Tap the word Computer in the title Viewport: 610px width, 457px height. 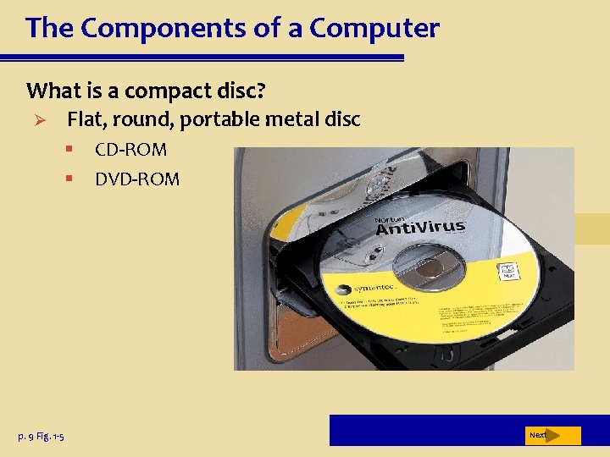pyautogui.click(x=374, y=29)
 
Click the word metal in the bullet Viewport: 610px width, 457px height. pyautogui.click(x=293, y=120)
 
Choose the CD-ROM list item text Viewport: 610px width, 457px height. pyautogui.click(x=130, y=151)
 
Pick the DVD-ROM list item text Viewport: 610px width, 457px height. pyautogui.click(x=137, y=179)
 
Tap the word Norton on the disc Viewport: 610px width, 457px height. pyautogui.click(x=389, y=220)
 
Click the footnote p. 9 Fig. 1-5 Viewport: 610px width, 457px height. pyautogui.click(x=41, y=436)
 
